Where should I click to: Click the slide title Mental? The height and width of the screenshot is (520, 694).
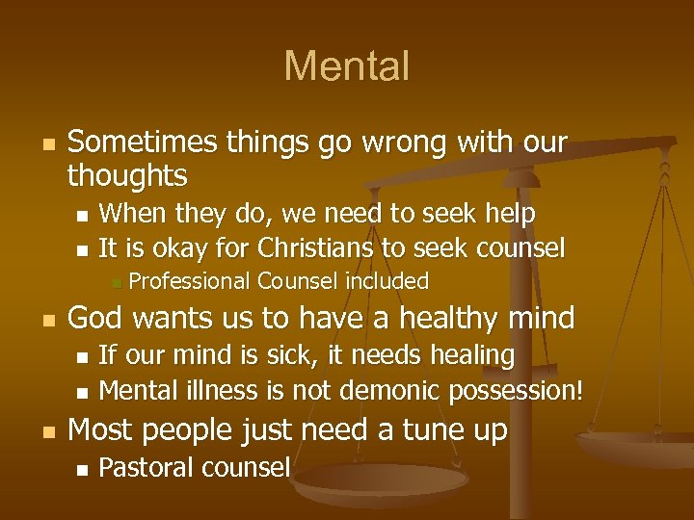[x=347, y=66]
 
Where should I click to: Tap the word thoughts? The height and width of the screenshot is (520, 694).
[x=127, y=175]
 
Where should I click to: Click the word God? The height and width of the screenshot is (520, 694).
[x=95, y=318]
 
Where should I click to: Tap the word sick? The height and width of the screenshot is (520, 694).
[x=295, y=355]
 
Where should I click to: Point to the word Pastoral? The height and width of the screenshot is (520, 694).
[x=145, y=468]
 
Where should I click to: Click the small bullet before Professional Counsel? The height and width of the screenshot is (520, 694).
[x=114, y=282]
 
